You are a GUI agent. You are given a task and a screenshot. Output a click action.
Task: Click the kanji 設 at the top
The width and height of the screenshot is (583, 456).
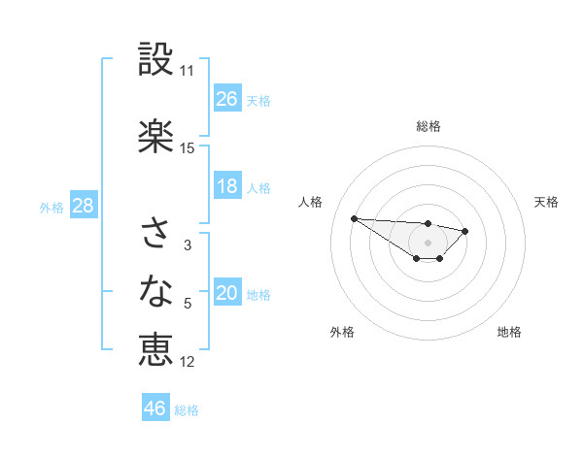[155, 60]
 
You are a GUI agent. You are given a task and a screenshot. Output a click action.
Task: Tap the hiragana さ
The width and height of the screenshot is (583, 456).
[155, 234]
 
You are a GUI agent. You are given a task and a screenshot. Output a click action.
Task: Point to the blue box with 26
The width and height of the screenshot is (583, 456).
[227, 99]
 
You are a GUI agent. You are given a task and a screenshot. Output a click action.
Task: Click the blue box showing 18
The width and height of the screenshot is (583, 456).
[227, 187]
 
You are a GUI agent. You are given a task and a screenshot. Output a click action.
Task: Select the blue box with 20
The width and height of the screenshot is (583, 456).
[227, 294]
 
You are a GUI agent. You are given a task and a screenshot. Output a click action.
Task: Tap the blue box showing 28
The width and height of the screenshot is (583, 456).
[83, 206]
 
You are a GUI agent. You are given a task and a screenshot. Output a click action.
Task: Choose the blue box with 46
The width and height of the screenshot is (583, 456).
[155, 408]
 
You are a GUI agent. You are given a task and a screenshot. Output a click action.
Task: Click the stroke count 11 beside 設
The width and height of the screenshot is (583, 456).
[187, 71]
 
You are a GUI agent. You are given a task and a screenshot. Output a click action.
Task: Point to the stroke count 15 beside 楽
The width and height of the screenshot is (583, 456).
[187, 148]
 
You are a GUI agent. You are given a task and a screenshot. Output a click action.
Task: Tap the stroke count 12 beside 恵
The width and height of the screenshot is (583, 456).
[188, 362]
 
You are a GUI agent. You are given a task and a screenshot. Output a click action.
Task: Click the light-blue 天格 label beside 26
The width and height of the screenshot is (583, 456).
[258, 100]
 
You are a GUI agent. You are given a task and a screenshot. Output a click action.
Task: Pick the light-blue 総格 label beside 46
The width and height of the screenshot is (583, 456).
[187, 409]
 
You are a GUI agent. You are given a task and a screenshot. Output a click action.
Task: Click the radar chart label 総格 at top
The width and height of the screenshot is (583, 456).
[429, 126]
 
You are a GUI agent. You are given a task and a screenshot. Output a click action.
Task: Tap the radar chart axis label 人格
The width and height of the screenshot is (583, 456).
[311, 202]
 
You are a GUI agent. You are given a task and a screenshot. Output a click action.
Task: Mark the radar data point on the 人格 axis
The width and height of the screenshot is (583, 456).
[354, 218]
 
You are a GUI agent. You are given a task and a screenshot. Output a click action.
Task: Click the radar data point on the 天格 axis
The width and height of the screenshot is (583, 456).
[465, 231]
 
